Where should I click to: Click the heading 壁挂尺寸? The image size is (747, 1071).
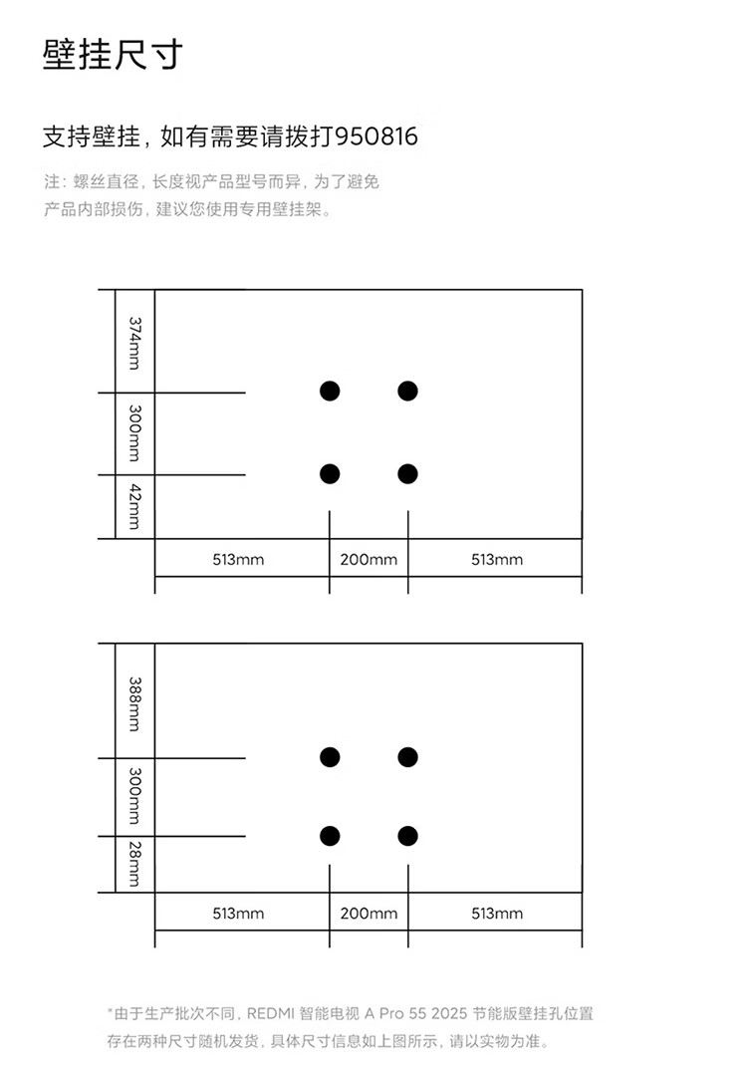[x=113, y=55]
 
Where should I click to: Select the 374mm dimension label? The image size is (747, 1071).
[x=135, y=343]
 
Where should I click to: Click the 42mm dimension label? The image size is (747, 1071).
[x=135, y=506]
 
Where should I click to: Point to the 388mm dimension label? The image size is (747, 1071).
[x=135, y=703]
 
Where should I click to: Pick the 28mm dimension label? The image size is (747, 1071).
[x=135, y=864]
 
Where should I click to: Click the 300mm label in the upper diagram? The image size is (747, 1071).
[x=135, y=433]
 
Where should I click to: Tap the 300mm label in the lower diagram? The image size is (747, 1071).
[x=135, y=796]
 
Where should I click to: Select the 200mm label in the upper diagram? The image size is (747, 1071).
[x=369, y=559]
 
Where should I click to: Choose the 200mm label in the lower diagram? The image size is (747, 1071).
[x=369, y=914]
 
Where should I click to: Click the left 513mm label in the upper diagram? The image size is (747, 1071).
[x=238, y=559]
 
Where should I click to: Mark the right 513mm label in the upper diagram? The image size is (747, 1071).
[x=497, y=559]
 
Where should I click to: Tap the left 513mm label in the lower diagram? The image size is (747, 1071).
[x=238, y=914]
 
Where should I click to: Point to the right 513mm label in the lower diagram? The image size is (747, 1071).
[x=497, y=914]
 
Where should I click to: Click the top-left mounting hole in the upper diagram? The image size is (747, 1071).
[x=330, y=391]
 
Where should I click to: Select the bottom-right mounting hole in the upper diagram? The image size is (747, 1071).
[x=407, y=474]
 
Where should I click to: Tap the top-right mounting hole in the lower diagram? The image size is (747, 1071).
[x=407, y=757]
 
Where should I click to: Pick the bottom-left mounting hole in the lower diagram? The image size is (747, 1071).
[x=330, y=836]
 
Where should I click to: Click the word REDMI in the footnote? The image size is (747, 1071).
[x=270, y=1013]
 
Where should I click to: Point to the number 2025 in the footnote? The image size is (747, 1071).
[x=449, y=1013]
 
